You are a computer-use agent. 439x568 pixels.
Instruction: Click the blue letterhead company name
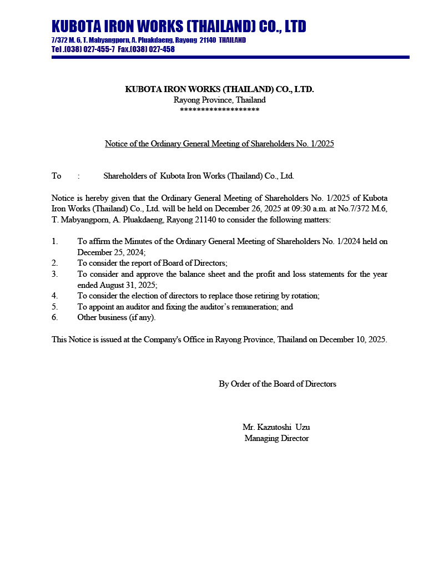coord(179,26)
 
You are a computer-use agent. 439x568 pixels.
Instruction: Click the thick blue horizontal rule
coord(230,57)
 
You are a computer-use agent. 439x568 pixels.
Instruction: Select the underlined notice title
coord(219,144)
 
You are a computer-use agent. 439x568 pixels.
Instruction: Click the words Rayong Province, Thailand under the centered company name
coord(219,100)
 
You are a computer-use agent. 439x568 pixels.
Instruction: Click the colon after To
coord(79,176)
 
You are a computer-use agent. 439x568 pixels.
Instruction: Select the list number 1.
coord(54,241)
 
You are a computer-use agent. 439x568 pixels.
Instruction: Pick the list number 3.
coord(54,274)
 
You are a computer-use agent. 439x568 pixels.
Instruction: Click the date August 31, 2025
coord(117,285)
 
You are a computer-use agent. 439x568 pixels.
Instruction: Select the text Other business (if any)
coord(117,317)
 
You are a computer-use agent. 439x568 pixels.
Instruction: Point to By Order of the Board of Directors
coord(277,384)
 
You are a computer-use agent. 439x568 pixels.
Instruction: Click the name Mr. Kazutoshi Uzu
coord(280,427)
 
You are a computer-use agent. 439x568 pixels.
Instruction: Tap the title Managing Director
coord(276,438)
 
